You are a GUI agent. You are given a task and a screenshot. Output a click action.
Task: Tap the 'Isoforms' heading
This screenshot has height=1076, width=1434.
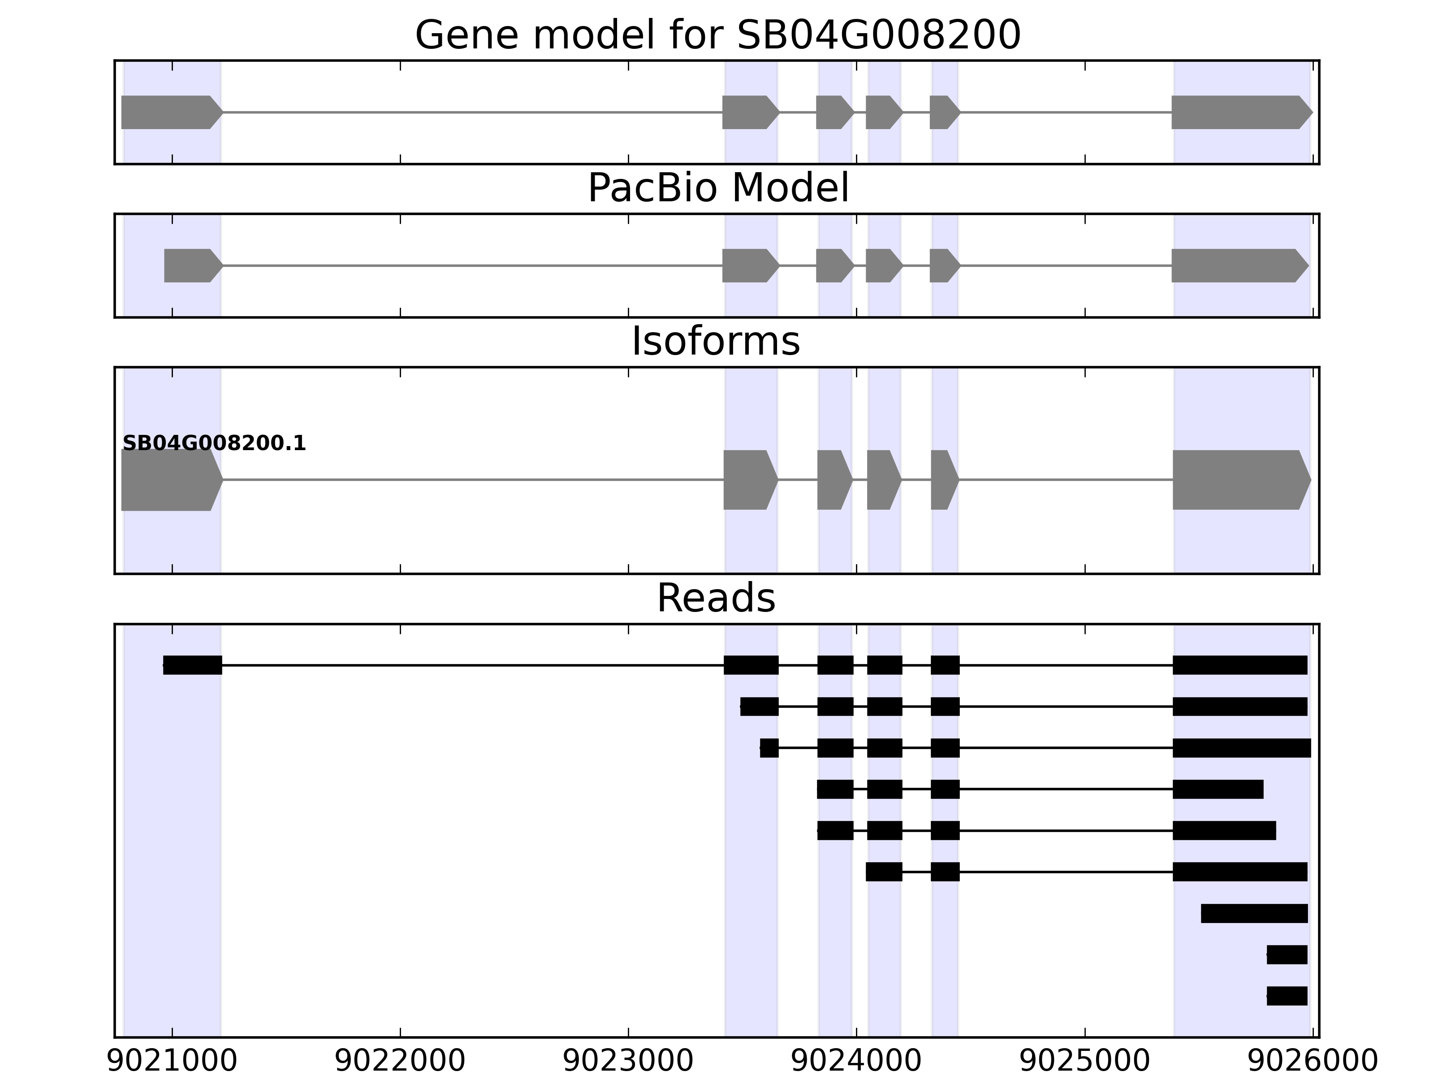tap(716, 341)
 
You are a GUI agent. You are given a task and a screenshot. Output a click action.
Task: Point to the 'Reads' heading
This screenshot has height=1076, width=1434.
tap(716, 598)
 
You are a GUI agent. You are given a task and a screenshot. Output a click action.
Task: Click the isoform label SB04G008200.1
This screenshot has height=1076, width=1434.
tap(214, 444)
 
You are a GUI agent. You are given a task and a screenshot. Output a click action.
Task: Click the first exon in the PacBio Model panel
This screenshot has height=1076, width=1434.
tap(192, 265)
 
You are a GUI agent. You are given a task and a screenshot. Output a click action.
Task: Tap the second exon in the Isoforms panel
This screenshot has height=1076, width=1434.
tap(749, 480)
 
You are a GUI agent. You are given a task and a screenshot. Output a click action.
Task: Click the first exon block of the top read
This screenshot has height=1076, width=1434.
tap(193, 665)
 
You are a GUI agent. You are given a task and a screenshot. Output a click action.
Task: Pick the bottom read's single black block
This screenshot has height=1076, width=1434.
tap(1287, 996)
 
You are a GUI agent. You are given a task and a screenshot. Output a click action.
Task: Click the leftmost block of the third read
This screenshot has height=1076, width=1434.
tap(769, 748)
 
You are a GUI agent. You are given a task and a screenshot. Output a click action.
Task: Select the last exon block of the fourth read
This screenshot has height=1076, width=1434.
tap(1218, 790)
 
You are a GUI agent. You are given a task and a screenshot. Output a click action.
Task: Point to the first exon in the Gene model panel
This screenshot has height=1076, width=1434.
tap(170, 112)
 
